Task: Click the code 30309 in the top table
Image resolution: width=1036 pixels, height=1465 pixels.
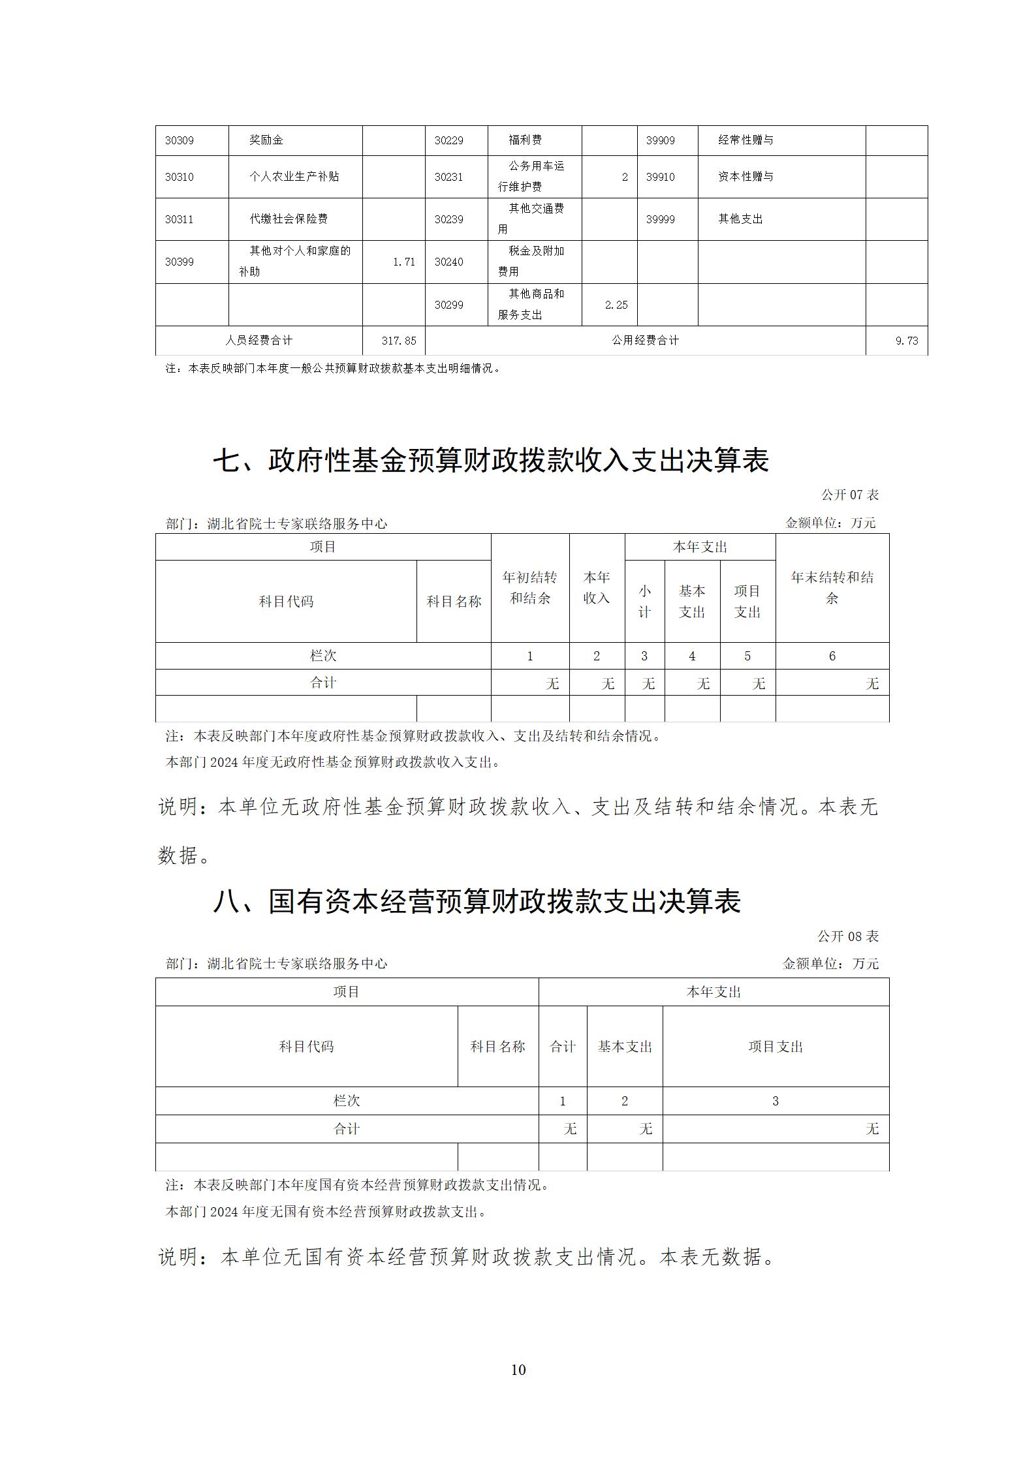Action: [179, 140]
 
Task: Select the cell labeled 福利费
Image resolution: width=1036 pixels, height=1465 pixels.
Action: [525, 140]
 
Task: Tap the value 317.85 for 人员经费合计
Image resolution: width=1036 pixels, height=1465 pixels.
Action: [398, 341]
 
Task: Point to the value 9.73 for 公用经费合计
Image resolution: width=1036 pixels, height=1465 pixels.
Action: [907, 341]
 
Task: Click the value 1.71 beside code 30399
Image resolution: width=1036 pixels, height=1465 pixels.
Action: [403, 262]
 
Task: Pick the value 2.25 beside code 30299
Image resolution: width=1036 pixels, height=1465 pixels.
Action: [616, 305]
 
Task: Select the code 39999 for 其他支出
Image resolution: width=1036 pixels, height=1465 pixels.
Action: [660, 219]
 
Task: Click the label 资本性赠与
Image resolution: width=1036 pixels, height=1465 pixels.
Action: [746, 176]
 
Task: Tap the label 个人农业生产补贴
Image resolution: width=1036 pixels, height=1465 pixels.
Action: [294, 176]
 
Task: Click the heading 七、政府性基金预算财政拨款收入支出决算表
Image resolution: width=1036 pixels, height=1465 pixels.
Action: [491, 461]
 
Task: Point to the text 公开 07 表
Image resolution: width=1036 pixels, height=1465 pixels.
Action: [849, 495]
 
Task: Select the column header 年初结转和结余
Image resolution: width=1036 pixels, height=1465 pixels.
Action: [529, 587]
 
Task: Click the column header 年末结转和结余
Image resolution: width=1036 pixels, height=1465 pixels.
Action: [832, 587]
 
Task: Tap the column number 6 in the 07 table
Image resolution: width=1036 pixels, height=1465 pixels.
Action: [832, 656]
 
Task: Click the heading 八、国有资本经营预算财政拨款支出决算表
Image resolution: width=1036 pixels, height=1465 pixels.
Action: [477, 901]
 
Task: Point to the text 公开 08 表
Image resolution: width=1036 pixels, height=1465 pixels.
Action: [848, 936]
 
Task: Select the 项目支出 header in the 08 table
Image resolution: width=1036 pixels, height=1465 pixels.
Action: [775, 1047]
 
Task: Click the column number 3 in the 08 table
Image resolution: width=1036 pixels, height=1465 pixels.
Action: [775, 1102]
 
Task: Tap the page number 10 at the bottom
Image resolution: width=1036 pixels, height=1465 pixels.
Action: [518, 1370]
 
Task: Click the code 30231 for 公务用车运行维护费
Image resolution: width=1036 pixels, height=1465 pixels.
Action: [448, 177]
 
